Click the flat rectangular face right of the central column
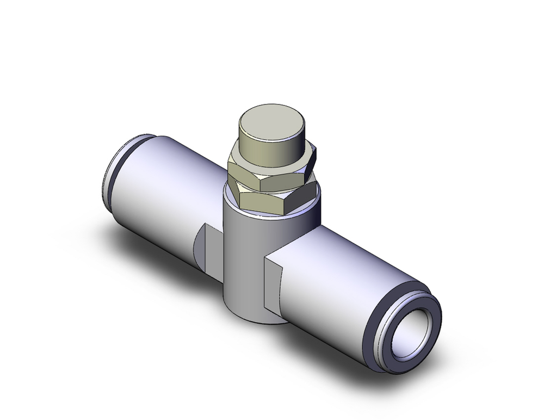point(274,281)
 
